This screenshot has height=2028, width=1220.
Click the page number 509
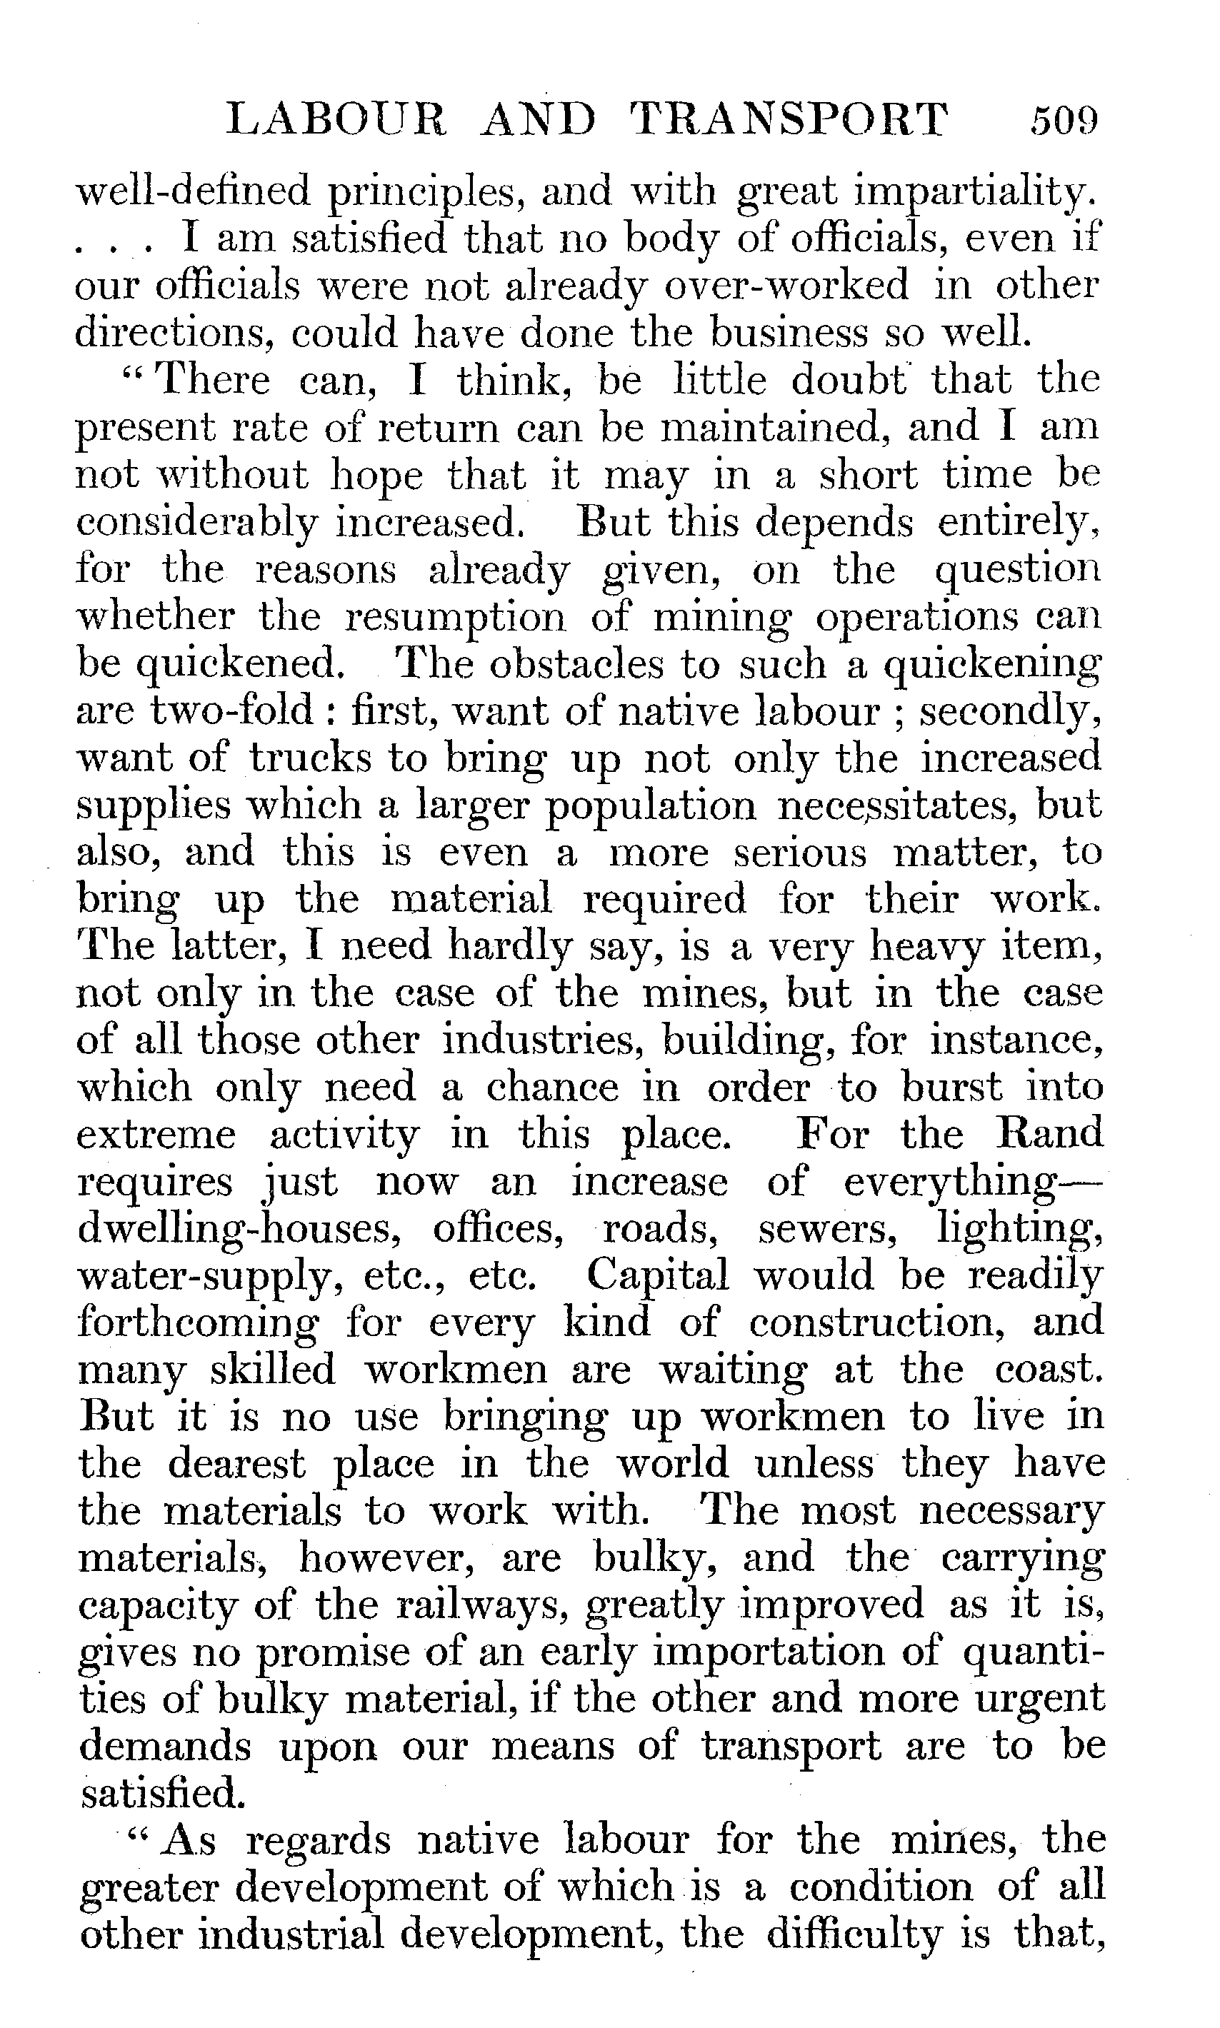coord(1064,121)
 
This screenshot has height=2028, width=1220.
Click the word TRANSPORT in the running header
coord(790,121)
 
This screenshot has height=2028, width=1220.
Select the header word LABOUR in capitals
coord(337,121)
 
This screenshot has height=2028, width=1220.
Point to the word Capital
coord(658,1276)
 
